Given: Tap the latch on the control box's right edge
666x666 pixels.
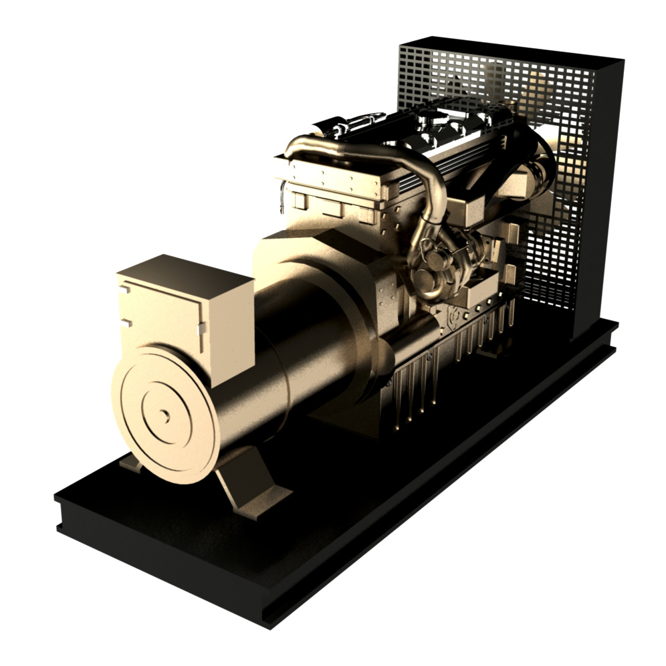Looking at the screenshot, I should click(201, 328).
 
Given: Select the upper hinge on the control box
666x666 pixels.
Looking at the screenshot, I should click(124, 290).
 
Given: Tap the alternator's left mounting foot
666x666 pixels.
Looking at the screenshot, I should click(131, 463).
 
